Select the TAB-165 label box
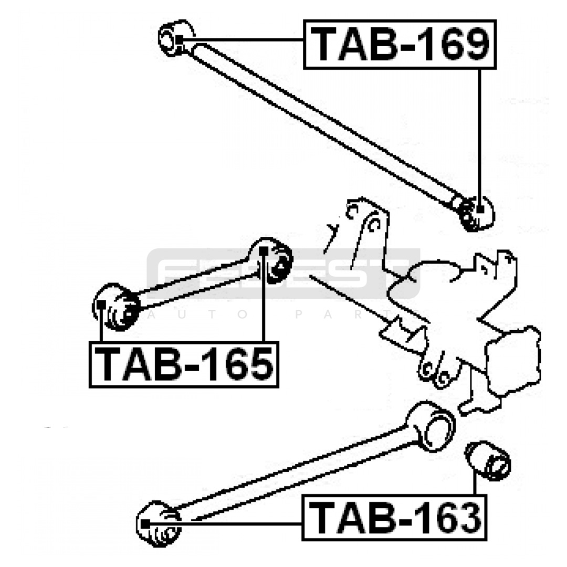click(x=184, y=364)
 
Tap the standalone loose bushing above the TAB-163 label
click(x=489, y=461)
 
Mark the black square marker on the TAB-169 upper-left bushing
click(x=180, y=40)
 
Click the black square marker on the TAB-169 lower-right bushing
click(x=480, y=209)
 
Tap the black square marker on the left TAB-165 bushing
click(x=102, y=303)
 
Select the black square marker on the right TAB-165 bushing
click(x=264, y=250)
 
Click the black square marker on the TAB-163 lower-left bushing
click(x=145, y=523)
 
